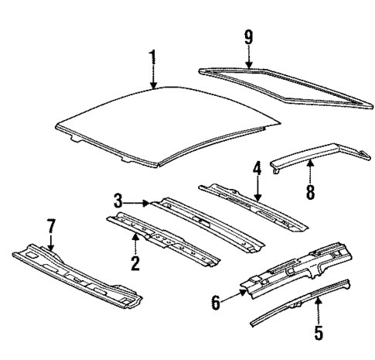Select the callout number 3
[x=118, y=201]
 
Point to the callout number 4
[x=256, y=168]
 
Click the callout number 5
[x=319, y=334]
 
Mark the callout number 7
[x=52, y=228]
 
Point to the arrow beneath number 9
[x=249, y=56]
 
